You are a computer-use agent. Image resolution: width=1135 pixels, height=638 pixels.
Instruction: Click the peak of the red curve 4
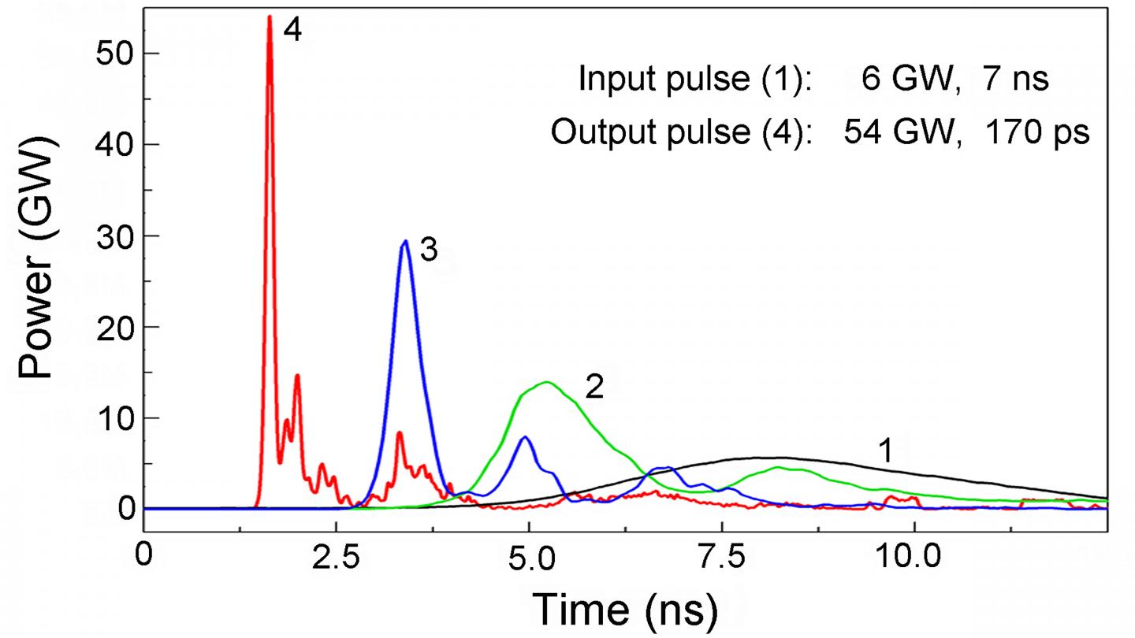click(270, 17)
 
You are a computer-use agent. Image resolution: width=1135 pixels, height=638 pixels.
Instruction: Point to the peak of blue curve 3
click(405, 242)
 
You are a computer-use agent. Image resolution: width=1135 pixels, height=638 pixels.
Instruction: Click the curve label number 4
click(293, 32)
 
